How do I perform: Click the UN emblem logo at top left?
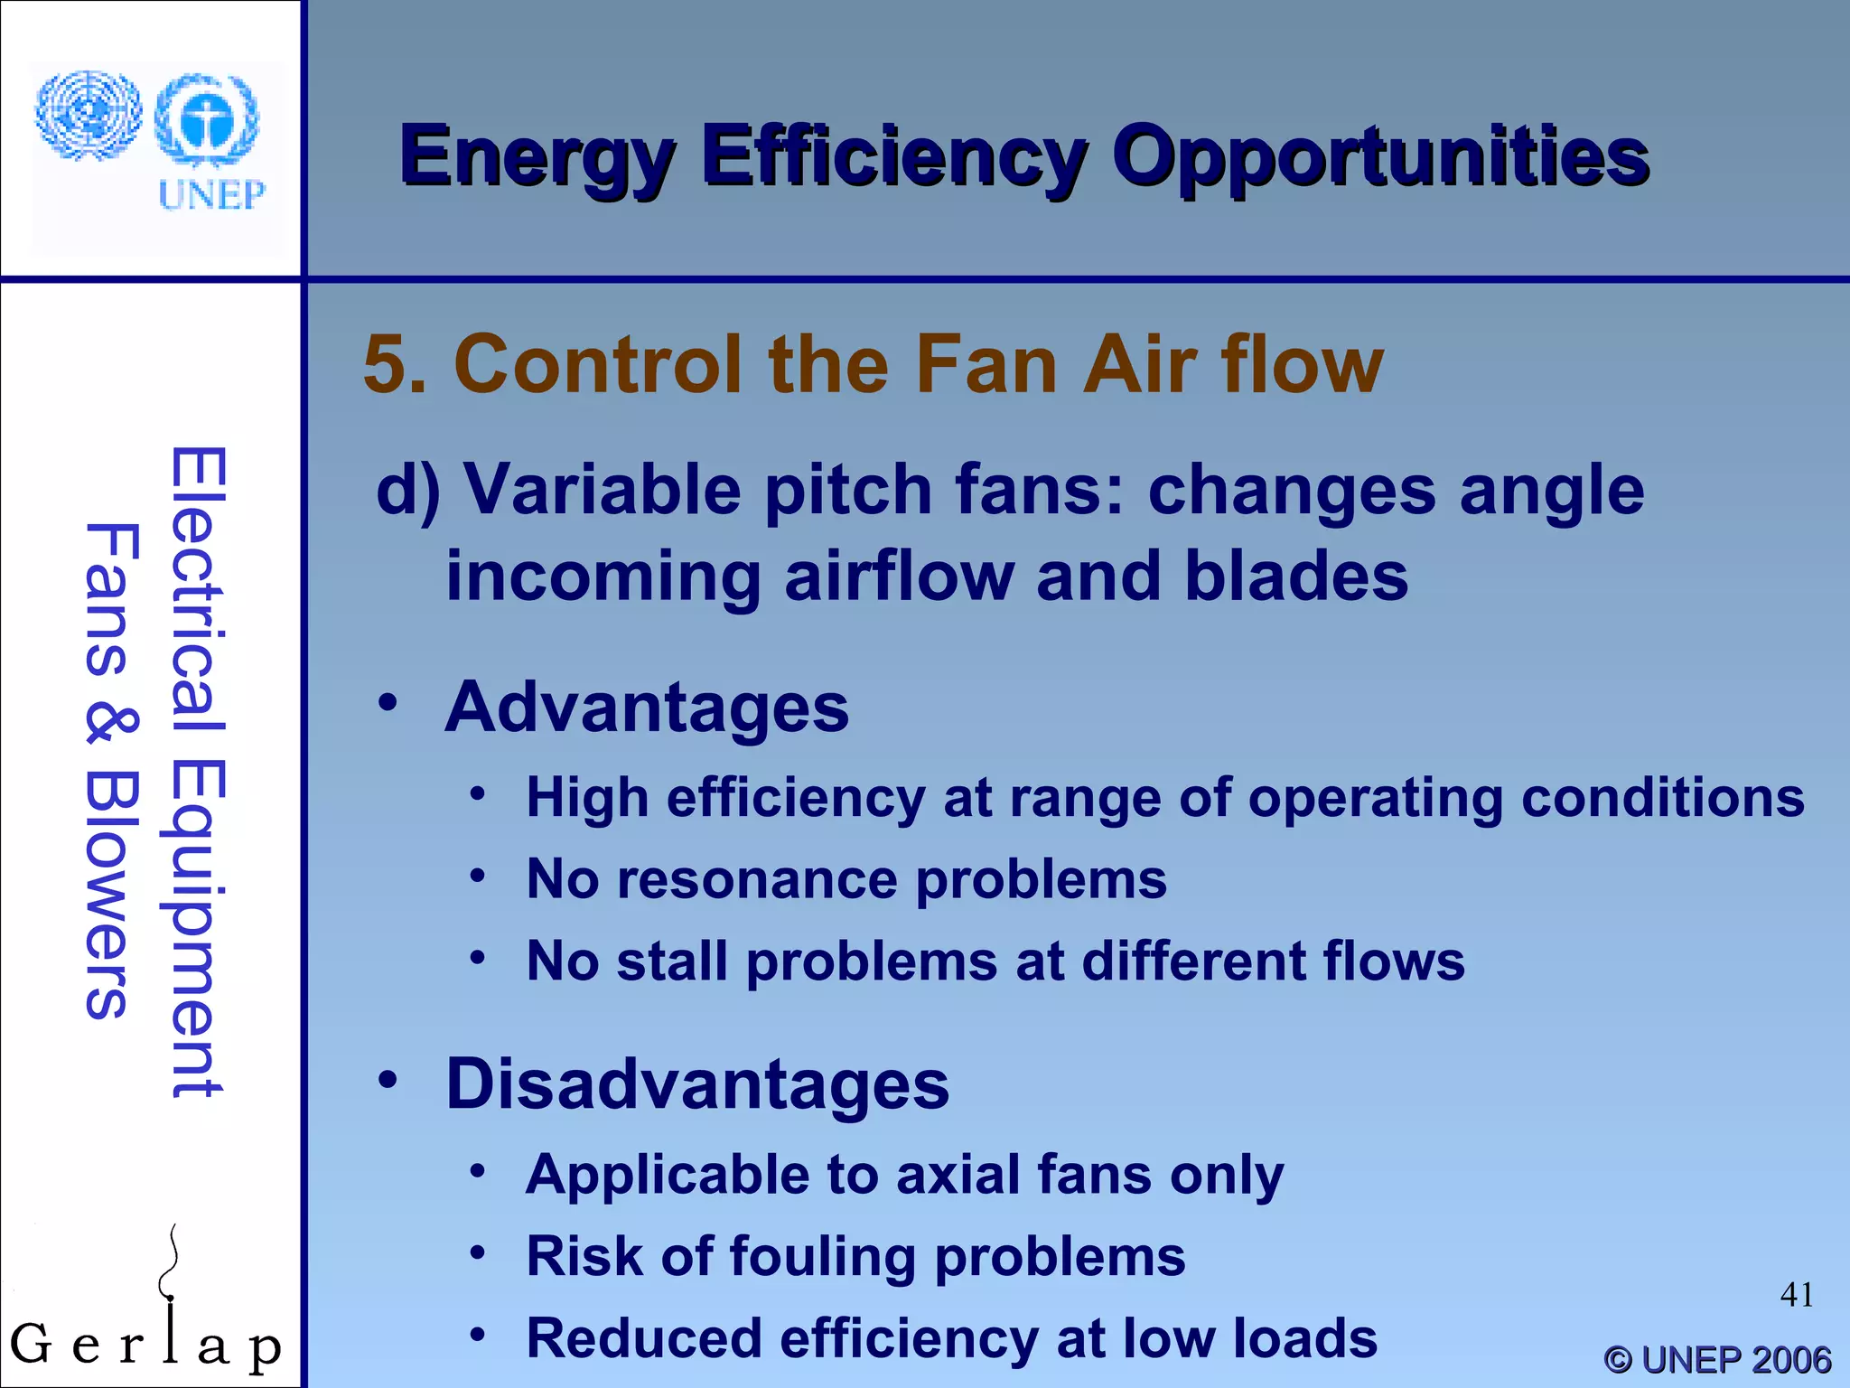tap(88, 116)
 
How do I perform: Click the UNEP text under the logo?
tap(211, 194)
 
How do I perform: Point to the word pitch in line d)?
tap(848, 491)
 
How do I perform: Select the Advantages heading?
tap(647, 708)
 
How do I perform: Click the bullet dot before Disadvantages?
tap(388, 1079)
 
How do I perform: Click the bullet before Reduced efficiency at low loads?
tap(478, 1334)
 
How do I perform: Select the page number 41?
tap(1797, 1295)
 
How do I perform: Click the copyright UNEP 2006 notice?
tap(1716, 1359)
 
